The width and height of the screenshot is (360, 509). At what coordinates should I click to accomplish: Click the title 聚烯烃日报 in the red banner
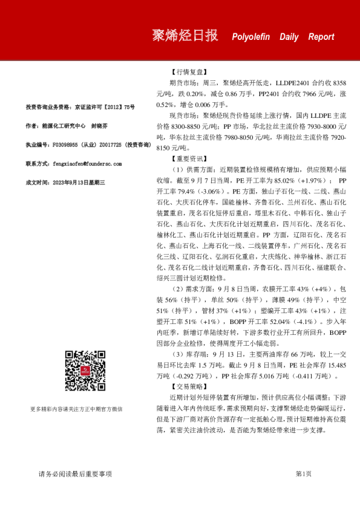tap(185, 36)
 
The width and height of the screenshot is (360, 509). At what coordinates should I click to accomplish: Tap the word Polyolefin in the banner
tap(250, 37)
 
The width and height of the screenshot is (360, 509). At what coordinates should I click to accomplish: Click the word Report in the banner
tap(321, 37)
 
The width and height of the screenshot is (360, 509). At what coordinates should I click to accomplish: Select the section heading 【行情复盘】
tap(189, 70)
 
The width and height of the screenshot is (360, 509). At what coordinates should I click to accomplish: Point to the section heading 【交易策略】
tap(189, 386)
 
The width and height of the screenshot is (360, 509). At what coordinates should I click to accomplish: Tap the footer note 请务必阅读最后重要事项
tap(75, 474)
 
